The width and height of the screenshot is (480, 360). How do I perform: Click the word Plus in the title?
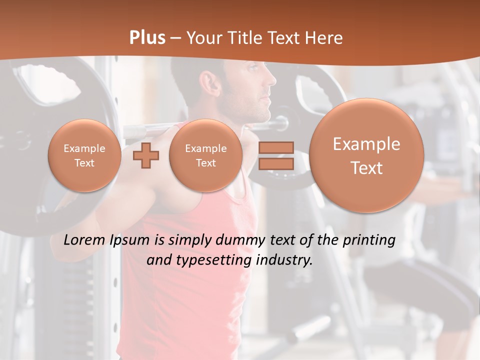147,38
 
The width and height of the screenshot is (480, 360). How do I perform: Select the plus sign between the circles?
146,155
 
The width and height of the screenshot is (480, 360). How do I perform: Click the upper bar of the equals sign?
276,147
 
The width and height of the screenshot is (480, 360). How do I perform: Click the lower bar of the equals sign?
276,164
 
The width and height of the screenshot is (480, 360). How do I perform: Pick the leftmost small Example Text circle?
84,155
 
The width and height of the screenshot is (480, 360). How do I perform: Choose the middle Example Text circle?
205,155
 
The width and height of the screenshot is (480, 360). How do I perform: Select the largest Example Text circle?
366,155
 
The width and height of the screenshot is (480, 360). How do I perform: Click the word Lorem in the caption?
85,240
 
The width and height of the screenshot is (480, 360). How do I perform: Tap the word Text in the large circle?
366,168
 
